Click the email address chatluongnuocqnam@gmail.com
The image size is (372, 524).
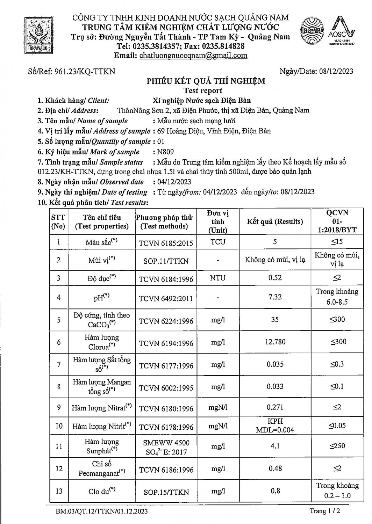point(193,55)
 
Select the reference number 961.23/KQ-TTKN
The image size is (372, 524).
point(84,72)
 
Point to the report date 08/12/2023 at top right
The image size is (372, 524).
point(336,72)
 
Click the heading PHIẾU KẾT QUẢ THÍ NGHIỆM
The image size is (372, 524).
point(206,81)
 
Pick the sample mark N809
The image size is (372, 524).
point(165,152)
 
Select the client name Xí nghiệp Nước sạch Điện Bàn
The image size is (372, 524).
point(202,101)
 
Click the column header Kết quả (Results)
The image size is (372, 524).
point(275,221)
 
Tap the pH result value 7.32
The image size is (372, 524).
point(275,297)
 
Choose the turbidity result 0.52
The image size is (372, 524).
point(275,278)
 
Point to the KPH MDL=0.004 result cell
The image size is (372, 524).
point(275,425)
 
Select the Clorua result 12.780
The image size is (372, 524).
point(275,342)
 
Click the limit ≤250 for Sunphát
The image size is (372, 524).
point(337,446)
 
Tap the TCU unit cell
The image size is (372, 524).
point(218,242)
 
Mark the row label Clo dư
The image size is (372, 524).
point(102,491)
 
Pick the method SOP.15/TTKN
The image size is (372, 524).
point(166,492)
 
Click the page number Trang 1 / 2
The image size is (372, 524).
point(324,511)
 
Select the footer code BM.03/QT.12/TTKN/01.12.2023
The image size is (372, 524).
point(102,511)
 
